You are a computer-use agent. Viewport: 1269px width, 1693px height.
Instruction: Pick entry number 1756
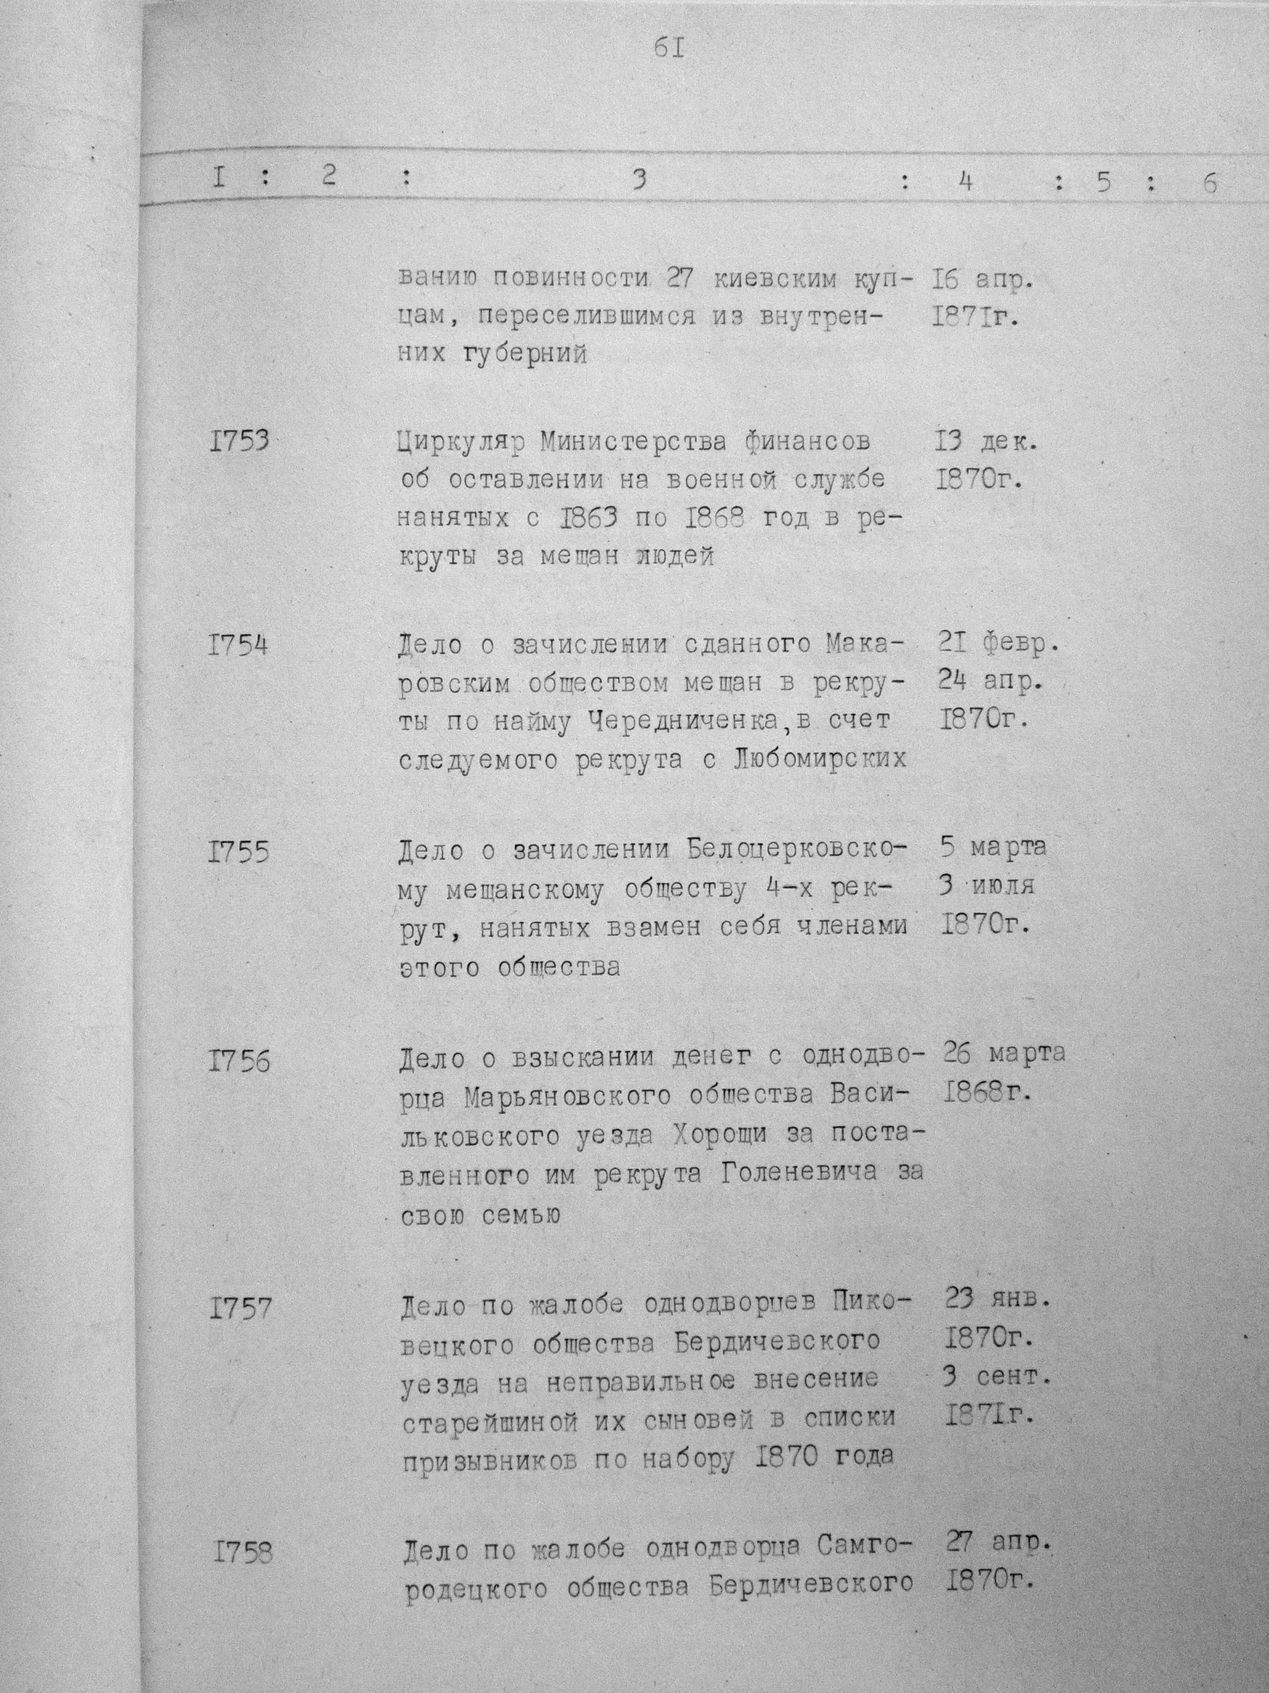(x=239, y=1061)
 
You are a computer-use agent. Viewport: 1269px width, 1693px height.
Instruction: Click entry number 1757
(x=240, y=1308)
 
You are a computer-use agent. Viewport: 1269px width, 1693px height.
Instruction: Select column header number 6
(x=1210, y=184)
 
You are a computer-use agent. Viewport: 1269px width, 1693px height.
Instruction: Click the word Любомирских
(x=821, y=760)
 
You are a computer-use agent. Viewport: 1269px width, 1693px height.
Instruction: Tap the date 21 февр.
(x=997, y=645)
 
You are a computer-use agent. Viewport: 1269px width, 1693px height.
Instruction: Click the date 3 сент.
(x=997, y=1376)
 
